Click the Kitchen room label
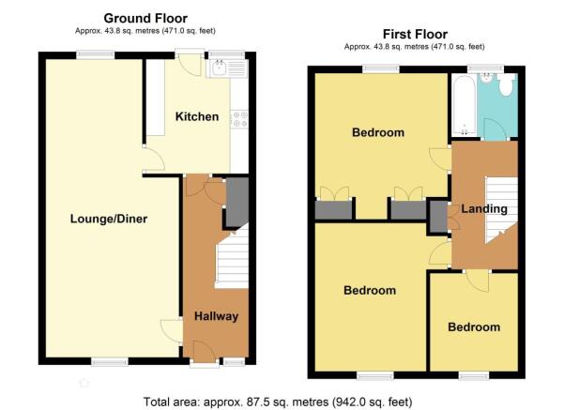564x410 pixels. click(197, 116)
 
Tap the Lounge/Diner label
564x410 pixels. click(109, 219)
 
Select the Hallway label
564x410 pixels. click(216, 316)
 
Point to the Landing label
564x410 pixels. click(484, 208)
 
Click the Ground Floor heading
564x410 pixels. click(145, 18)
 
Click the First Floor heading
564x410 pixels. click(415, 34)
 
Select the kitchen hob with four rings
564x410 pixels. click(239, 119)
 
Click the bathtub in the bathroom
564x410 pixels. click(465, 106)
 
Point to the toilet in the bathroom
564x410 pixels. click(506, 84)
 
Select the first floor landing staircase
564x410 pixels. click(501, 209)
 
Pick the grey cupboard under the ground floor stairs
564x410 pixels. click(236, 202)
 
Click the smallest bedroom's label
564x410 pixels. click(474, 326)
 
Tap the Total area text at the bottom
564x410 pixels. click(278, 402)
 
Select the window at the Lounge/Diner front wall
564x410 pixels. click(110, 362)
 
